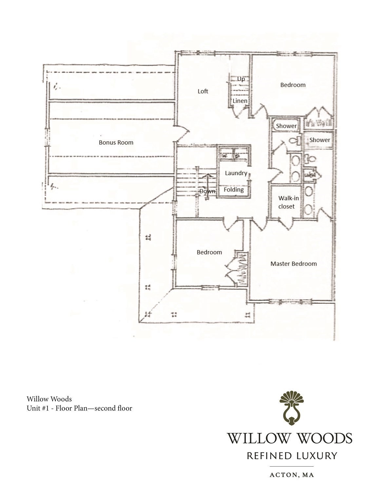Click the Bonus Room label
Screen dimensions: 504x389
pyautogui.click(x=116, y=142)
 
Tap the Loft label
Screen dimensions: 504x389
pyautogui.click(x=203, y=91)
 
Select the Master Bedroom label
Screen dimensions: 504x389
pyautogui.click(x=293, y=264)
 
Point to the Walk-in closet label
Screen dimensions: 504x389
pyautogui.click(x=288, y=202)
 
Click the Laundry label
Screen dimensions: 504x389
pyautogui.click(x=236, y=173)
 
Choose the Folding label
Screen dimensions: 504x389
pyautogui.click(x=233, y=190)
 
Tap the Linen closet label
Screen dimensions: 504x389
pyautogui.click(x=240, y=101)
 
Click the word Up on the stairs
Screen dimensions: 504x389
pyautogui.click(x=241, y=79)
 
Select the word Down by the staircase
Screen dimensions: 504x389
pyautogui.click(x=207, y=191)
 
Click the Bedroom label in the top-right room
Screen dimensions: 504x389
pyautogui.click(x=293, y=85)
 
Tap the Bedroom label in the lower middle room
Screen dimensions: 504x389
pyautogui.click(x=209, y=252)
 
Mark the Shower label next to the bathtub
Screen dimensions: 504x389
pyautogui.click(x=286, y=126)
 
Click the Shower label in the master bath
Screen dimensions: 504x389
pyautogui.click(x=320, y=140)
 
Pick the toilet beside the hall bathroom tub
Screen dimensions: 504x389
pyautogui.click(x=294, y=141)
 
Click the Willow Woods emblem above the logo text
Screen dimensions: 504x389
pyautogui.click(x=291, y=408)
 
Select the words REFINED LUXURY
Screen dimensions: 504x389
pyautogui.click(x=291, y=456)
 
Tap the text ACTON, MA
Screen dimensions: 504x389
pyautogui.click(x=291, y=475)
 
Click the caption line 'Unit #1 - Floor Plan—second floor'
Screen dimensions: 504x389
pyautogui.click(x=79, y=408)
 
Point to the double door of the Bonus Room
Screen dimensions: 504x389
pyautogui.click(x=182, y=135)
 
